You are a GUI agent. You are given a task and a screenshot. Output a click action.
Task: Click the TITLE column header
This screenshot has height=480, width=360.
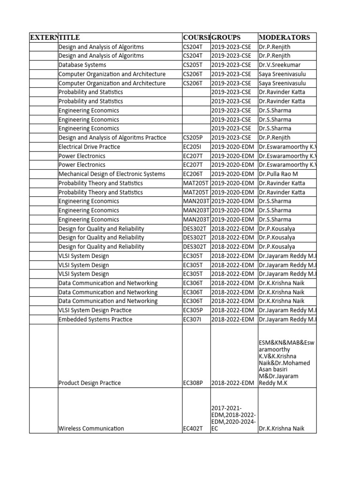click(x=69, y=37)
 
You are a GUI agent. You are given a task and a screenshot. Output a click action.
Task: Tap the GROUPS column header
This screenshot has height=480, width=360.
click(x=226, y=37)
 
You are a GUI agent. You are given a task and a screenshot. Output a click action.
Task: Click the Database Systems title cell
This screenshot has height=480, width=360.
click(x=82, y=65)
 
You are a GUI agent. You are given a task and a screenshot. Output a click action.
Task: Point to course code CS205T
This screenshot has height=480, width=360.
click(x=193, y=65)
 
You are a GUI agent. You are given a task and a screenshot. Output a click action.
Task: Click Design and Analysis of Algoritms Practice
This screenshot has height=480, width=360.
click(x=112, y=138)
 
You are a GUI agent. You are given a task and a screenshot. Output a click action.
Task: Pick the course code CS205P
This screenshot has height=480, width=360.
click(x=193, y=138)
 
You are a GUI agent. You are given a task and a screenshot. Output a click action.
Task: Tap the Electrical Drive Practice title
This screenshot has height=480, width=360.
click(x=89, y=147)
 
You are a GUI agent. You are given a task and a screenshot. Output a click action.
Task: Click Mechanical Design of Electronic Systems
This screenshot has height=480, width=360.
click(x=112, y=174)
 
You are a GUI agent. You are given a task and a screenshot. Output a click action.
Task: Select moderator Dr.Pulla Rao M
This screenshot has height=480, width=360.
click(x=278, y=174)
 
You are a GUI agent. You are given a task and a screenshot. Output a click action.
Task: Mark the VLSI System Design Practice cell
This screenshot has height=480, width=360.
click(x=95, y=310)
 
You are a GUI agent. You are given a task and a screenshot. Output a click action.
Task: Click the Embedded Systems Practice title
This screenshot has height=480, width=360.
click(x=95, y=320)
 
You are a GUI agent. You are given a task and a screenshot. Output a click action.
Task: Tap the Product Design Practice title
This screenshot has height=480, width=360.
click(x=90, y=383)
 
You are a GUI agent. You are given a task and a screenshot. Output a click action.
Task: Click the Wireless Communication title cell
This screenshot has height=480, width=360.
click(x=91, y=428)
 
